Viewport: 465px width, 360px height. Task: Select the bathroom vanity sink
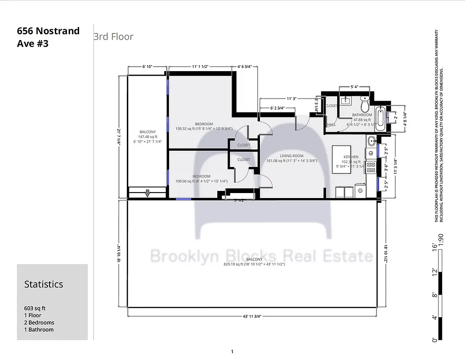pos(347,100)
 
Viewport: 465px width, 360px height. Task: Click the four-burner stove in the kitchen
pos(371,167)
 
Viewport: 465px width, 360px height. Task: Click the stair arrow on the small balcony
pos(147,193)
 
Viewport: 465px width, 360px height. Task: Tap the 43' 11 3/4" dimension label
pos(252,316)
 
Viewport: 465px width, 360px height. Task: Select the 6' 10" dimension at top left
pos(148,67)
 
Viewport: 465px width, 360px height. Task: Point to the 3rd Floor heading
pos(113,36)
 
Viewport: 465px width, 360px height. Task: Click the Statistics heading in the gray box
pos(44,284)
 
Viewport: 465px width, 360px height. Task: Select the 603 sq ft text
pos(35,308)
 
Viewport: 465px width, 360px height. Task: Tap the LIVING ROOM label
pos(292,156)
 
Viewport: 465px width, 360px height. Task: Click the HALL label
pos(331,125)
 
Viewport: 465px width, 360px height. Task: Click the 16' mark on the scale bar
pos(435,246)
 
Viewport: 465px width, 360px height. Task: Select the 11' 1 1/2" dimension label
pos(201,67)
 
